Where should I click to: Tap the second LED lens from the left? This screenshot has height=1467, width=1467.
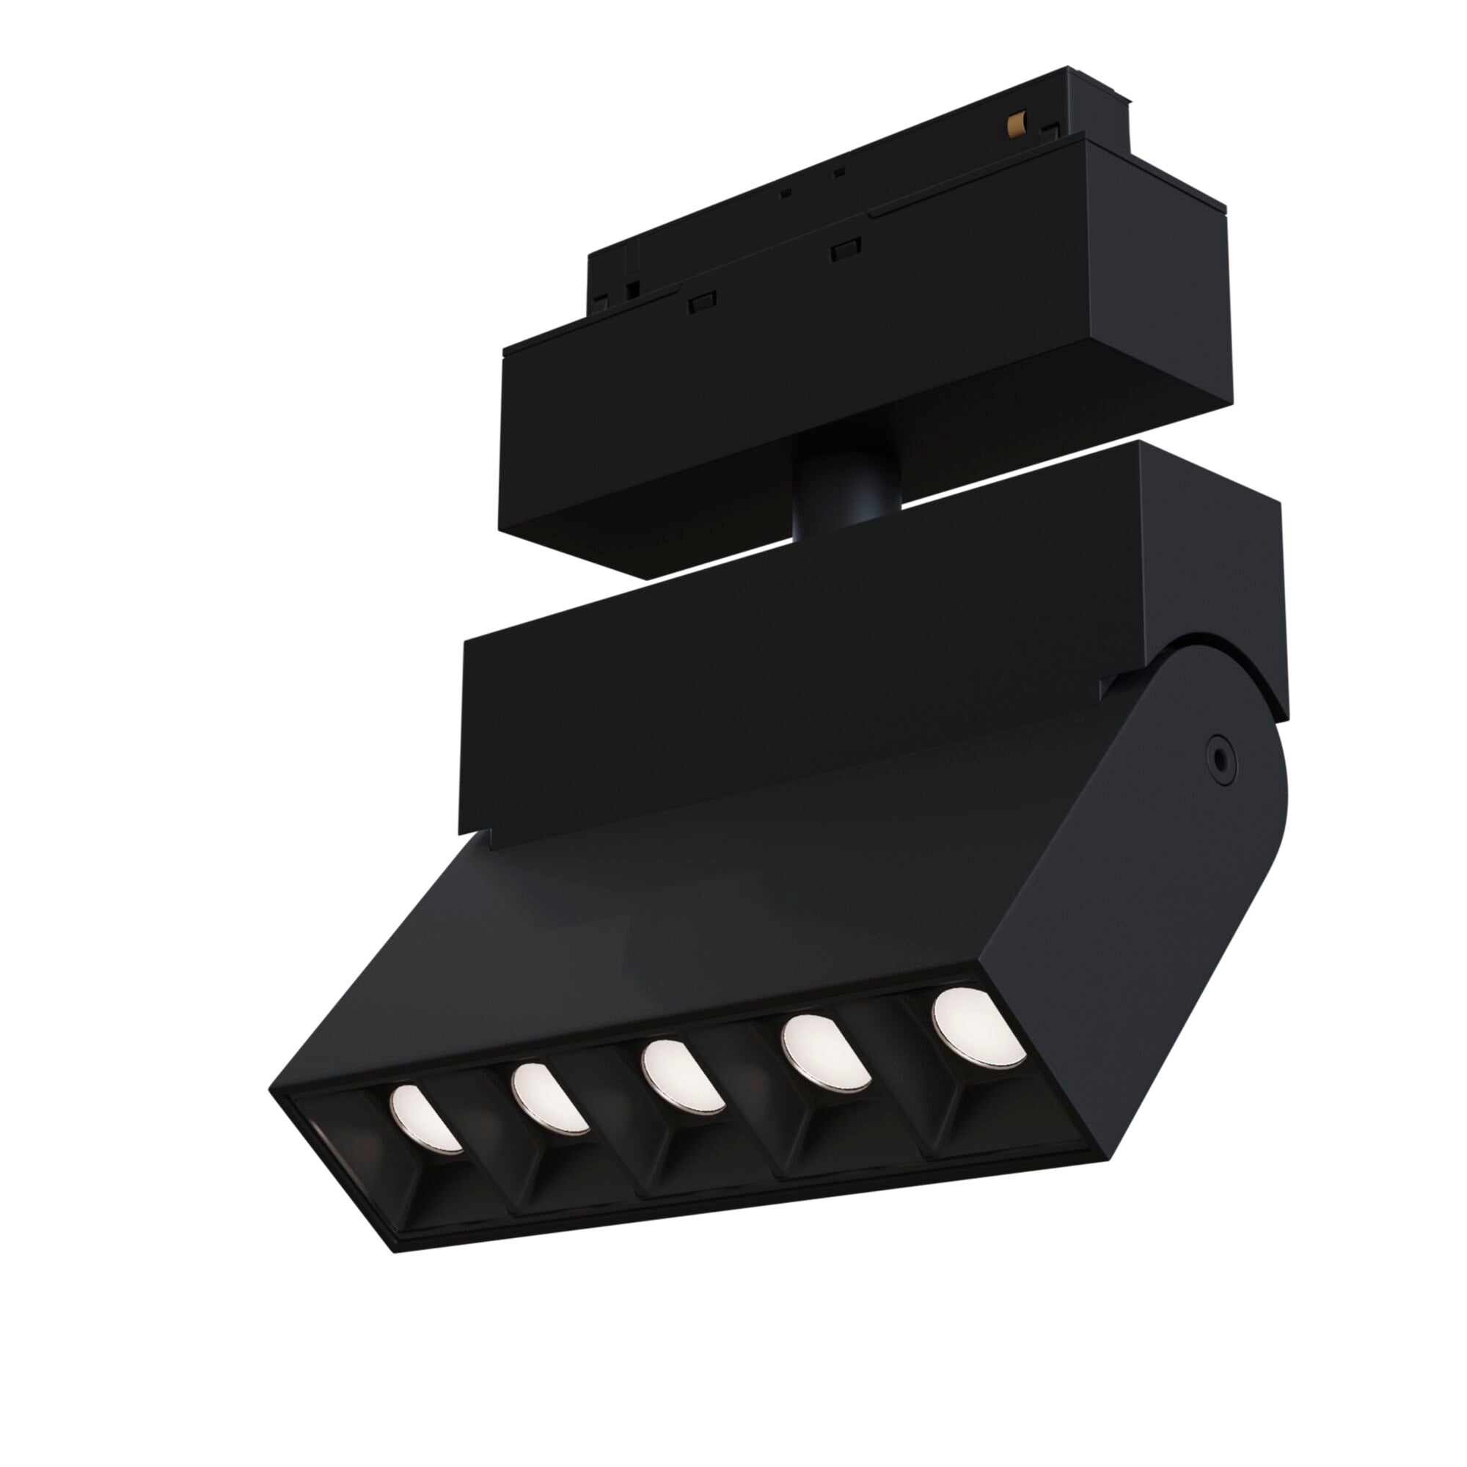[x=547, y=1098]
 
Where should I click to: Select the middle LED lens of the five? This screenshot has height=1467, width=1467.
[x=682, y=1076]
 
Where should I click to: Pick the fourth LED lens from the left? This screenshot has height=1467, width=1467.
[x=826, y=1052]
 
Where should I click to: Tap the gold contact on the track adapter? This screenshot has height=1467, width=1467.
[x=1016, y=123]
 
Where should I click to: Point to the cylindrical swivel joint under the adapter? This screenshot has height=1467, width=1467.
[x=845, y=492]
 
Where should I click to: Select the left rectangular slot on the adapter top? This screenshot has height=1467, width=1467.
[x=703, y=302]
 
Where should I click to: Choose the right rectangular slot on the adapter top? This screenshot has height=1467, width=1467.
[x=845, y=249]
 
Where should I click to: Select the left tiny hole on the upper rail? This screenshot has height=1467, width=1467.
[x=786, y=193]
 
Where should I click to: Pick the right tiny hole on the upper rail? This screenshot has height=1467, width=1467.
[x=839, y=173]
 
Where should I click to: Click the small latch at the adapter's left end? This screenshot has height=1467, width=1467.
[x=630, y=288]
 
